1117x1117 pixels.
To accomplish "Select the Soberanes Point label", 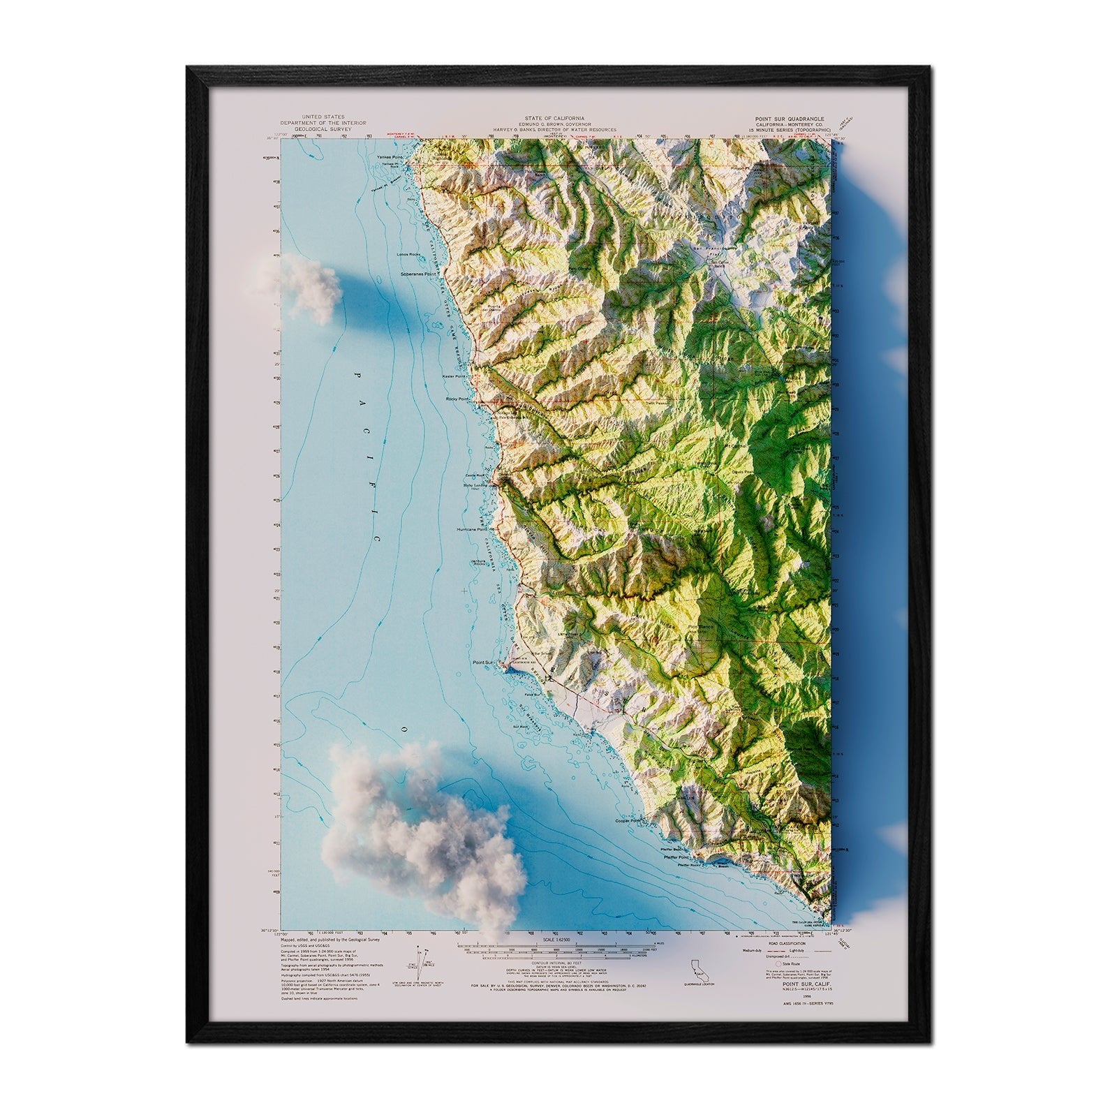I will click(x=418, y=274).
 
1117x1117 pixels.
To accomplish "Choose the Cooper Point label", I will click(x=626, y=821).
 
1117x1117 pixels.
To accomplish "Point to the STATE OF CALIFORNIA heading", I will click(x=556, y=119).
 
